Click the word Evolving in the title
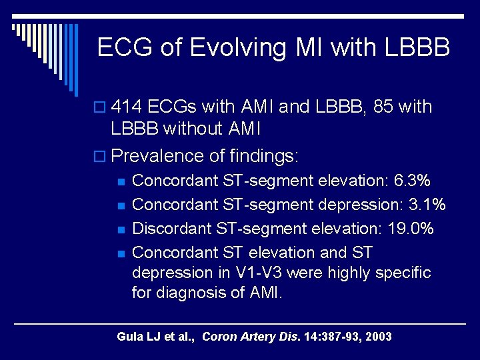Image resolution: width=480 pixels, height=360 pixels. pos(241,48)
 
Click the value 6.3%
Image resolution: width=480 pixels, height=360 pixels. pos(413,181)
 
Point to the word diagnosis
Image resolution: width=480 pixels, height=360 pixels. pos(189,293)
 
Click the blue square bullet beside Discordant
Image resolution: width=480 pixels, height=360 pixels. pos(121,229)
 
